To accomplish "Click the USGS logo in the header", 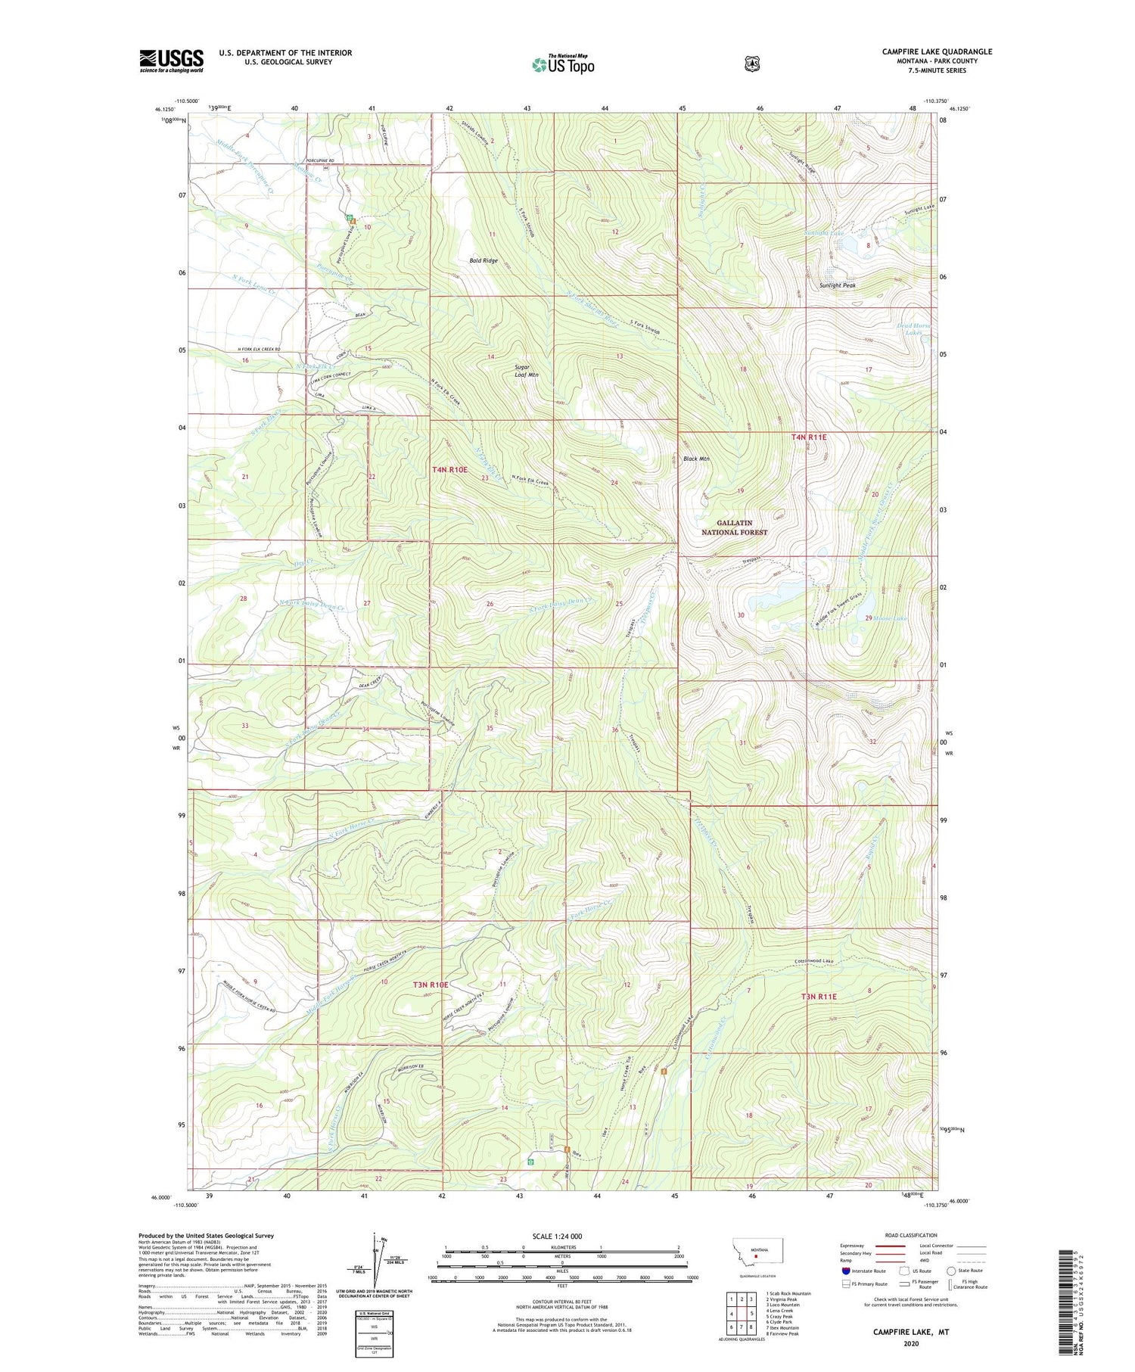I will pos(171,61).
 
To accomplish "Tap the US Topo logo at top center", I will pos(563,64).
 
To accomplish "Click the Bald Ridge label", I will pos(484,260).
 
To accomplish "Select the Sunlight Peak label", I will pos(838,285).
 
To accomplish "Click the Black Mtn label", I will pos(697,459).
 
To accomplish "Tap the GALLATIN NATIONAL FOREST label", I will pos(742,527).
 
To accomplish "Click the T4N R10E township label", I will pos(449,470).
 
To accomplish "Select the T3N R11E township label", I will pos(819,997).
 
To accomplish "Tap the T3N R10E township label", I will pos(431,985).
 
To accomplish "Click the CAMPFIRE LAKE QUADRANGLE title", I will pos(937,51).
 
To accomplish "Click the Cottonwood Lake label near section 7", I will pos(813,961).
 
